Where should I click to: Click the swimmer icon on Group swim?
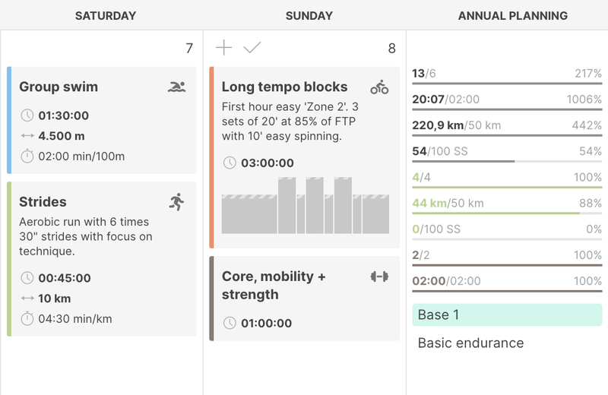tap(176, 87)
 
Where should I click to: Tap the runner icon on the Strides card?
tap(176, 201)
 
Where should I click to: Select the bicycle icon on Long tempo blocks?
tap(379, 87)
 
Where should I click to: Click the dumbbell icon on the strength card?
tap(379, 276)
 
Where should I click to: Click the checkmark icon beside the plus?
tap(252, 48)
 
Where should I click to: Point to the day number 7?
tap(189, 49)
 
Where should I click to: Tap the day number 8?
tap(392, 49)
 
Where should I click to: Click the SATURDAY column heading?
tap(106, 15)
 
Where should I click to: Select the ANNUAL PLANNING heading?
tap(513, 15)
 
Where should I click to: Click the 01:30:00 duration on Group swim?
tap(65, 116)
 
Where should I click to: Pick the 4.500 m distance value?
tap(62, 136)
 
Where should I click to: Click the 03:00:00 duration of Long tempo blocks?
tap(267, 163)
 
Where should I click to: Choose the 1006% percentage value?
tap(584, 100)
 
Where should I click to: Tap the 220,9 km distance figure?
tap(437, 125)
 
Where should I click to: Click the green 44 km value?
tap(428, 203)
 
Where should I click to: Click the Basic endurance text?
tap(470, 343)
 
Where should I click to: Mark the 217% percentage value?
tap(588, 74)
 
